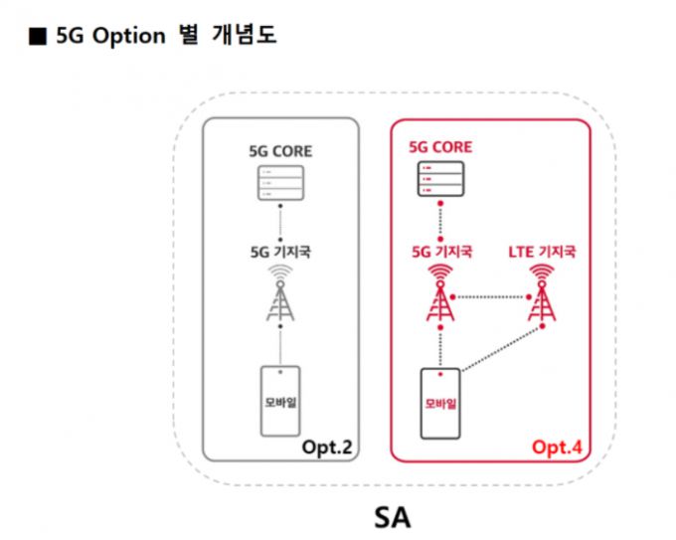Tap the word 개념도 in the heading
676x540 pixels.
pos(242,37)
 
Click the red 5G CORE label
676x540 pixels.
pos(440,148)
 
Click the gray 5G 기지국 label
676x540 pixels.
pos(281,253)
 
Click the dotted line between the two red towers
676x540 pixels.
pos(490,296)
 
